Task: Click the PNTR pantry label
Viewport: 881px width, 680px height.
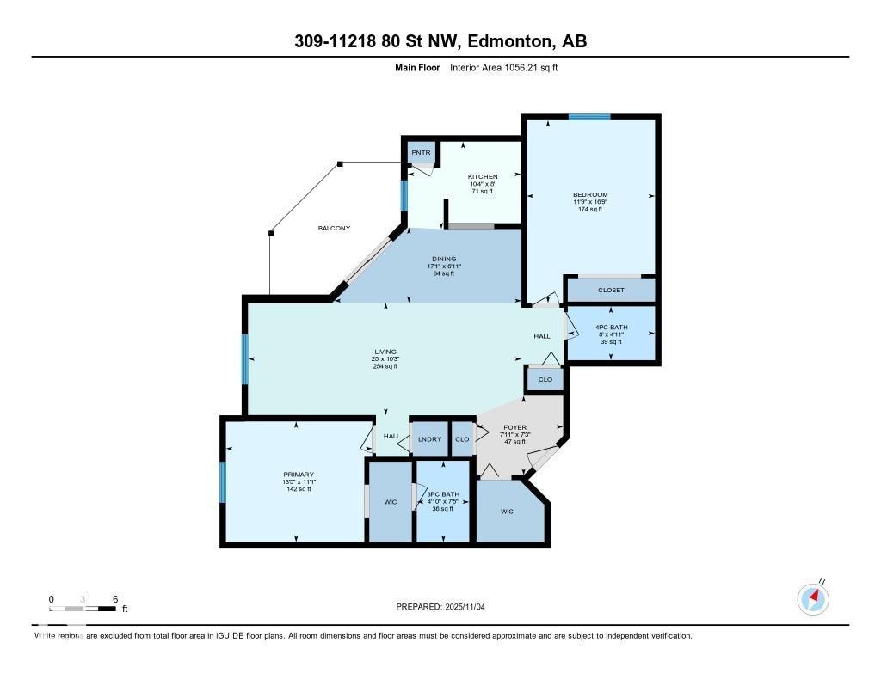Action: click(x=421, y=153)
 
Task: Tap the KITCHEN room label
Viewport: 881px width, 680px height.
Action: click(x=483, y=176)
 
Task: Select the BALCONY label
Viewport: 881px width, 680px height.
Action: click(x=334, y=228)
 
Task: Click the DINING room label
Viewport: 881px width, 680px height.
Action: click(x=444, y=259)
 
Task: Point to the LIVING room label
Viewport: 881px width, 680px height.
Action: click(x=385, y=352)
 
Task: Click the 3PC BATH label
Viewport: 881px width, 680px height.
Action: click(x=444, y=494)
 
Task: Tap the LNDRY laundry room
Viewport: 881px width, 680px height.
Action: click(x=429, y=439)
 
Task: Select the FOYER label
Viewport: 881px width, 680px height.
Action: click(x=514, y=427)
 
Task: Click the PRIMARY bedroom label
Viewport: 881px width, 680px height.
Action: click(x=299, y=475)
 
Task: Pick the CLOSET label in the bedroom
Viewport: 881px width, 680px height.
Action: click(x=611, y=290)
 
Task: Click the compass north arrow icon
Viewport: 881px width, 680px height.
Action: click(x=813, y=598)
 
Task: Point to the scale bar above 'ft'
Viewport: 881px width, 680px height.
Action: click(x=83, y=609)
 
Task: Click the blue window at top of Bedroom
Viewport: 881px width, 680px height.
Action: click(x=589, y=117)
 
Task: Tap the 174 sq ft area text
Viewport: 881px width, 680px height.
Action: click(x=590, y=209)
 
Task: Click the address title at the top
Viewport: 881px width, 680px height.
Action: click(x=440, y=41)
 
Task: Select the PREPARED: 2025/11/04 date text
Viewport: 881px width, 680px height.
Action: click(x=447, y=607)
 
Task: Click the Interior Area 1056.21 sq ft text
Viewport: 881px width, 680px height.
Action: click(x=503, y=67)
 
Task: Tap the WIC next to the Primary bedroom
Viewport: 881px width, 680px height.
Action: click(x=390, y=502)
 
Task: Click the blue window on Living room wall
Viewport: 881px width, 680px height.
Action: click(x=245, y=359)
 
